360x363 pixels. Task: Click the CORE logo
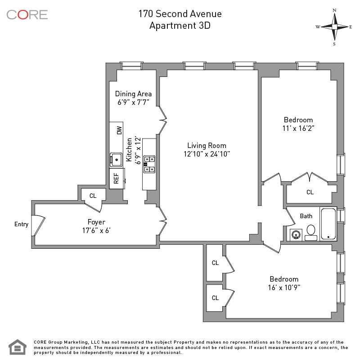(27, 14)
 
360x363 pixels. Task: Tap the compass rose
(334, 27)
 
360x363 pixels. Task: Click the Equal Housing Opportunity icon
(18, 347)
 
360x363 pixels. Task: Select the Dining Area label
(133, 94)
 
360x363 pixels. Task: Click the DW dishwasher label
(119, 130)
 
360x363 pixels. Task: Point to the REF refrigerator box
(117, 179)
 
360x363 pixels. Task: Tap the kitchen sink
(116, 159)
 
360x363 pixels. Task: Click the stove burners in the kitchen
(149, 164)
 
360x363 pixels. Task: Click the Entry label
(21, 224)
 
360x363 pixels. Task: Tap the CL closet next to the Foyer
(93, 196)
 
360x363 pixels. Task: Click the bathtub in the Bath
(328, 224)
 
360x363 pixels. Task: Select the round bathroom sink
(296, 234)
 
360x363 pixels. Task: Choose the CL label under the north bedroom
(310, 192)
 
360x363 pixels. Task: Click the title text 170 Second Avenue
(180, 14)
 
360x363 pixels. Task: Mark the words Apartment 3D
(180, 26)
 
